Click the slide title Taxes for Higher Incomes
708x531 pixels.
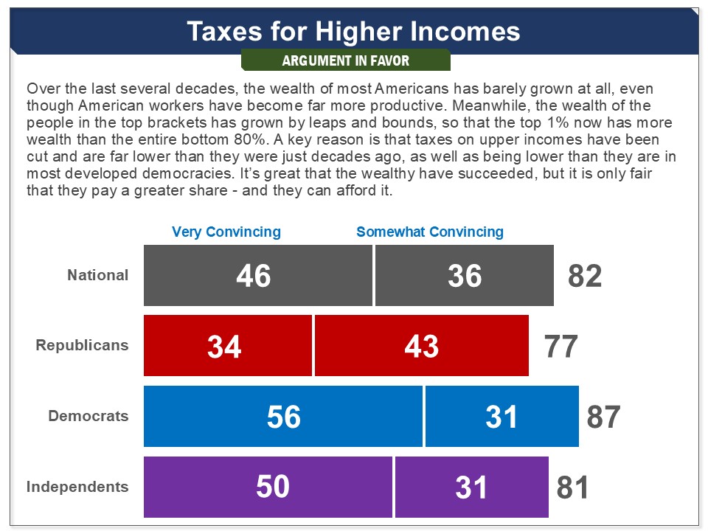pos(353,31)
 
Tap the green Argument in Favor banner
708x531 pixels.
pos(345,60)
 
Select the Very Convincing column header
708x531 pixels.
pos(226,232)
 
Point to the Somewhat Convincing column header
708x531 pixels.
pos(430,232)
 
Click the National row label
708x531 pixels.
pos(98,275)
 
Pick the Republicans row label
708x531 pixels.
pos(82,345)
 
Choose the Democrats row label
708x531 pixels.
pos(88,416)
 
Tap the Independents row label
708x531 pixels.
pos(77,487)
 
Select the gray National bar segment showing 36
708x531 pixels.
pos(465,275)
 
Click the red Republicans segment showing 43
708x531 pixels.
pos(422,346)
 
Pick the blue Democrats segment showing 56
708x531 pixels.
pos(283,417)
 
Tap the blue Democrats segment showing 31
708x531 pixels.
pos(502,417)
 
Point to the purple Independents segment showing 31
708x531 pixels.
pos(472,487)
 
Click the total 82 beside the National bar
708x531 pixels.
pos(585,276)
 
